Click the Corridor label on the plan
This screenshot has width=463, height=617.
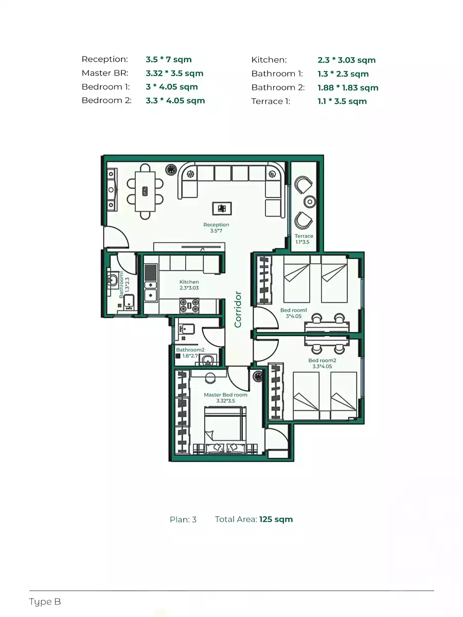(238, 309)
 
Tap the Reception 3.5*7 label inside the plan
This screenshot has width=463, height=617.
(216, 228)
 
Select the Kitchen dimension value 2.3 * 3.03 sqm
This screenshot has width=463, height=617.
(346, 60)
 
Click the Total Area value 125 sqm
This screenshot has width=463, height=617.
(276, 519)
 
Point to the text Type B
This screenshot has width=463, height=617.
(45, 602)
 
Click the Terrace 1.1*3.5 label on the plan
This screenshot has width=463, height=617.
(304, 239)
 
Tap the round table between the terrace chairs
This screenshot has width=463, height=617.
(309, 201)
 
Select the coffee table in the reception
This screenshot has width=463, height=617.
(222, 208)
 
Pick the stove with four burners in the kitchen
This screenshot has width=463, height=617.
(189, 305)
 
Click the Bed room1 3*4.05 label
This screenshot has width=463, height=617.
(294, 313)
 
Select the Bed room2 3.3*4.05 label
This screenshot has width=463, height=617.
(322, 364)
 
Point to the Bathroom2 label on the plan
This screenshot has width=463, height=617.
(190, 350)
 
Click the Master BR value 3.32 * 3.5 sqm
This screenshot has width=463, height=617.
(174, 74)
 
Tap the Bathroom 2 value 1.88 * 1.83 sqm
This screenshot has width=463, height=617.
(348, 87)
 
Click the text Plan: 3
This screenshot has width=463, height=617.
(183, 519)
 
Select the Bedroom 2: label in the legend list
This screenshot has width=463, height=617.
(106, 101)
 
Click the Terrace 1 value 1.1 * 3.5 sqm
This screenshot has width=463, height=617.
(342, 101)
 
